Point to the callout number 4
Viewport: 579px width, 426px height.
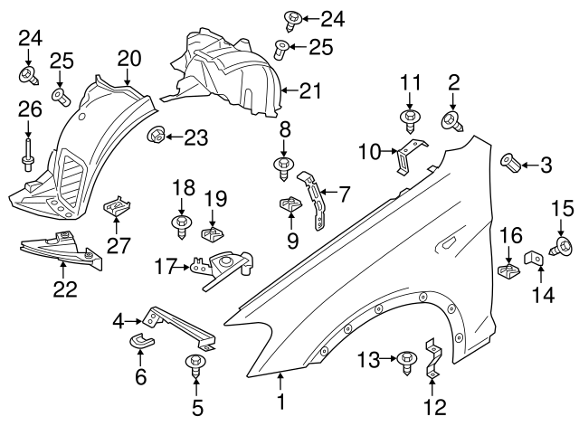119,320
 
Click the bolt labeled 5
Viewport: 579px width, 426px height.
195,366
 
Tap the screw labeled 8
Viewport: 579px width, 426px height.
285,166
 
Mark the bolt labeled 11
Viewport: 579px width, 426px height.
410,118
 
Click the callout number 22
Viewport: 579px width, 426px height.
63,289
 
